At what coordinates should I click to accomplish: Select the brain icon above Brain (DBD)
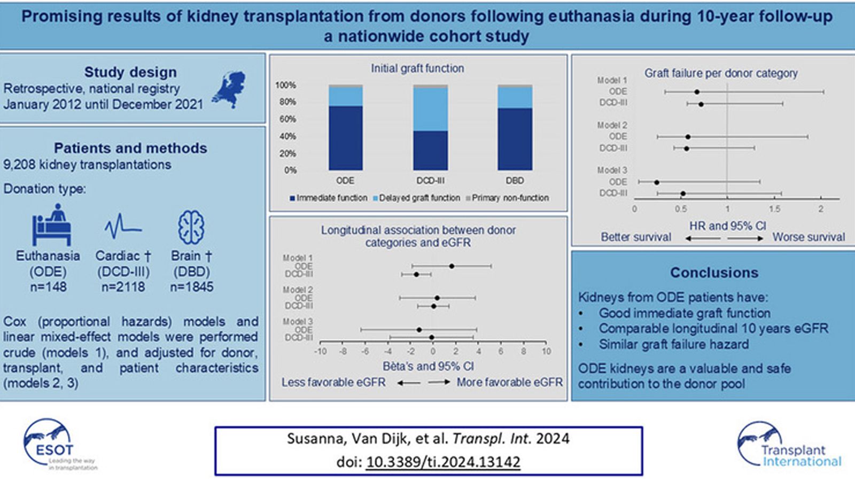[x=191, y=227]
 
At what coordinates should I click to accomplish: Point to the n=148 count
[x=48, y=287]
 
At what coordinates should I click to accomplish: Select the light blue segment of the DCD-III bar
[x=430, y=110]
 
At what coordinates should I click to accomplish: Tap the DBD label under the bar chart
[x=515, y=181]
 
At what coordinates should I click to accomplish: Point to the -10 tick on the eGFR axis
[x=320, y=351]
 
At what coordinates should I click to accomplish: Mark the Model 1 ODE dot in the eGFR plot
[x=452, y=266]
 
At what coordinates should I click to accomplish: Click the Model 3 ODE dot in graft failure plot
[x=657, y=182]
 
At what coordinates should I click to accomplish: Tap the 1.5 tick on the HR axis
[x=774, y=209]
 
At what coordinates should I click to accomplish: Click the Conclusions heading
[x=714, y=273]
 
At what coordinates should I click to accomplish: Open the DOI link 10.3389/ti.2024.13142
[x=443, y=461]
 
